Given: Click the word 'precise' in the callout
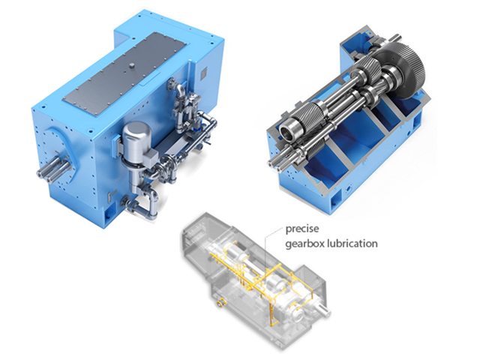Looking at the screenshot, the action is pos(302,229).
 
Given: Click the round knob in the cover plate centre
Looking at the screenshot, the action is pos(132,65).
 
